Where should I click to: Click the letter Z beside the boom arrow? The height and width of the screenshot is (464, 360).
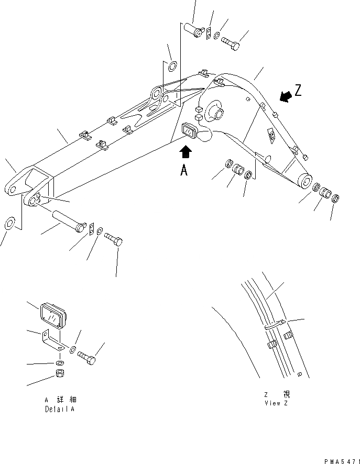tap(298, 91)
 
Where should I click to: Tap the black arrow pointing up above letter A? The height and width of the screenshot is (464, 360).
tap(186, 152)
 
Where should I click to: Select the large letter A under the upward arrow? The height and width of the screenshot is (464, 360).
tap(184, 170)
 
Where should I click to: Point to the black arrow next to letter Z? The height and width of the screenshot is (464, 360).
tap(285, 96)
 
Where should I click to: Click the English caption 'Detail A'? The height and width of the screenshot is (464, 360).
tap(59, 408)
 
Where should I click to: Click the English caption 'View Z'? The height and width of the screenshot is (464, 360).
tap(276, 403)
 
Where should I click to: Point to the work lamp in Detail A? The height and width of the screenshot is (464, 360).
tap(51, 315)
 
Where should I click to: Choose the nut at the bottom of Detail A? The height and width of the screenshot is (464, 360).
tap(60, 375)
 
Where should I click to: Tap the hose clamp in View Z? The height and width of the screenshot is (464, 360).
tap(276, 325)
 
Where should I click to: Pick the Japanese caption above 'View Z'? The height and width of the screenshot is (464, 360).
tap(276, 394)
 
